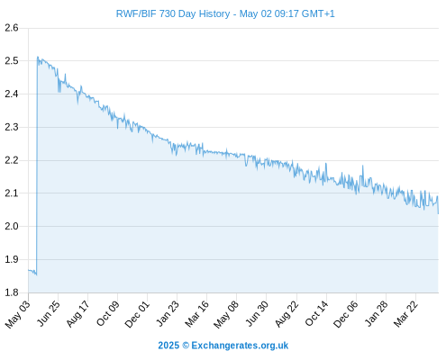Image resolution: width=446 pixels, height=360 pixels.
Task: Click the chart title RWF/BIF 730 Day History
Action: click(173, 13)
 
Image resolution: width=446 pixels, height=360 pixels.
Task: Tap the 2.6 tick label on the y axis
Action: click(12, 28)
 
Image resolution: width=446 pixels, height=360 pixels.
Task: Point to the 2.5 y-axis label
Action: click(12, 61)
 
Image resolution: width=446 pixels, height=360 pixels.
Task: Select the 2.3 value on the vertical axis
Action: click(12, 127)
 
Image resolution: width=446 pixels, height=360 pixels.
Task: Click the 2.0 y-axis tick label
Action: click(12, 226)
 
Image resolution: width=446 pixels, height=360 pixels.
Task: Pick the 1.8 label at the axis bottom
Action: click(12, 292)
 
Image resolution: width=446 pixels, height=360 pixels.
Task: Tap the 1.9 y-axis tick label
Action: click(12, 259)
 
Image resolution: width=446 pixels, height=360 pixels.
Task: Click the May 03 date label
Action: click(17, 314)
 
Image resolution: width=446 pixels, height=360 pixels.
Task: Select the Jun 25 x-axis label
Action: click(48, 313)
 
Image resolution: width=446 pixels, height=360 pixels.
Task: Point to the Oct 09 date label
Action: click(107, 313)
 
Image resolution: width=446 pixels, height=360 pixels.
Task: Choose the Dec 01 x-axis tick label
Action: click(137, 314)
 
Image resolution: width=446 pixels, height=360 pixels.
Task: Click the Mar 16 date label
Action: click(196, 314)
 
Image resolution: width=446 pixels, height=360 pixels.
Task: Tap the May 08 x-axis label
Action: click(226, 314)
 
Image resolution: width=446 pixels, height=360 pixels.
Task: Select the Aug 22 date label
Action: click(287, 313)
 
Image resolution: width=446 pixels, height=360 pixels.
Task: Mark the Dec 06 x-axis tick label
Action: click(346, 314)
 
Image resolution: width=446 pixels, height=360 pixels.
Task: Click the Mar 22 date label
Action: click(405, 314)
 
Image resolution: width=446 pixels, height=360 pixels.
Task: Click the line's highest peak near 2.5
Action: click(38, 57)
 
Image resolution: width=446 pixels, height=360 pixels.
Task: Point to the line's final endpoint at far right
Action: click(438, 213)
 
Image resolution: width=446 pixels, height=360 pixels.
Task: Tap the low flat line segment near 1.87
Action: click(32, 271)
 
